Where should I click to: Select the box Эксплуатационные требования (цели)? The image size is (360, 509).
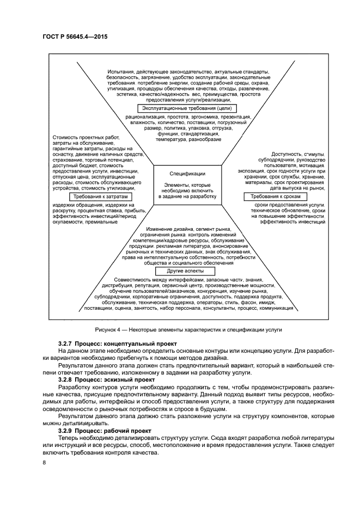pyautogui.click(x=188, y=109)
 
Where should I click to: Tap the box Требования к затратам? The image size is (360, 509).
pyautogui.click(x=101, y=197)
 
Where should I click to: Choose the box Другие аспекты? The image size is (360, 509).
pyautogui.click(x=180, y=271)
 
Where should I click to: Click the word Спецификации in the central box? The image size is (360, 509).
pyautogui.click(x=187, y=174)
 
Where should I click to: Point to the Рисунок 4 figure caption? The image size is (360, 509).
pyautogui.click(x=188, y=330)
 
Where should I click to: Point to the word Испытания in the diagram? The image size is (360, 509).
pyautogui.click(x=121, y=72)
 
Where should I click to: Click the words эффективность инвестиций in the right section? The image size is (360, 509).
pyautogui.click(x=292, y=222)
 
